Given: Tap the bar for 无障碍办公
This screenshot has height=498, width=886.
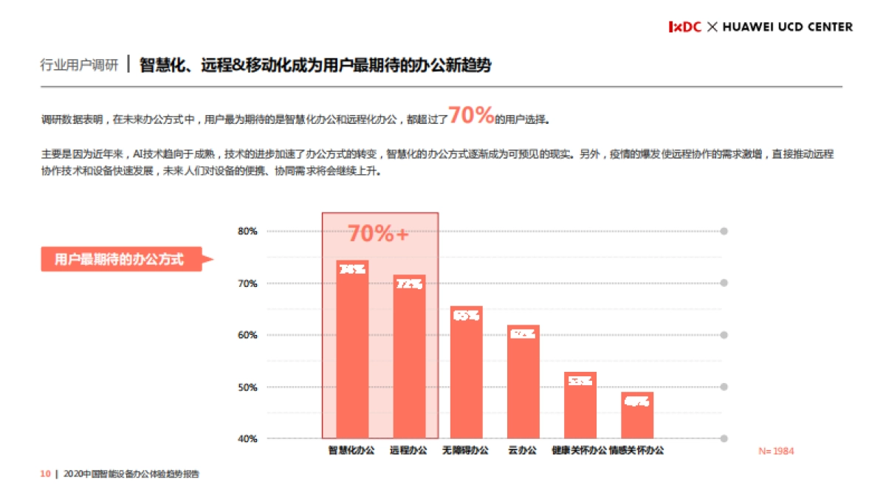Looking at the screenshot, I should pyautogui.click(x=466, y=372).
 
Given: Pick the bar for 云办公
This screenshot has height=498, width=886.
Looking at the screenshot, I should pyautogui.click(x=523, y=381).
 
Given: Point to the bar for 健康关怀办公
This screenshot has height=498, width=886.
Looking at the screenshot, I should pyautogui.click(x=580, y=405).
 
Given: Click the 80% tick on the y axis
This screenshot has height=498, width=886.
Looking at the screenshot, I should pyautogui.click(x=247, y=232).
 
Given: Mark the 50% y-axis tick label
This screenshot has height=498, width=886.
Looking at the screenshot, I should pyautogui.click(x=247, y=387).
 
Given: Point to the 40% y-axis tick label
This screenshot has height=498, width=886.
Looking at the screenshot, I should pyautogui.click(x=247, y=439).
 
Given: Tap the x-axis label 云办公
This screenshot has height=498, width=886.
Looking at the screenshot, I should pyautogui.click(x=523, y=450).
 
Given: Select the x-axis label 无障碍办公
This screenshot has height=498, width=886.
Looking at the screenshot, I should pyautogui.click(x=465, y=450).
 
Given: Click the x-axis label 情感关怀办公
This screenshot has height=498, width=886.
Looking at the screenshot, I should pyautogui.click(x=636, y=450).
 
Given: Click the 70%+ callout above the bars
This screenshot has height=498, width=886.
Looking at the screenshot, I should pyautogui.click(x=378, y=234).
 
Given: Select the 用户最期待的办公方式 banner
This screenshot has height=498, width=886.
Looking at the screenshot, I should pyautogui.click(x=121, y=259).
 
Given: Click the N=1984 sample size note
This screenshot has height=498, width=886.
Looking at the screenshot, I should pyautogui.click(x=776, y=451).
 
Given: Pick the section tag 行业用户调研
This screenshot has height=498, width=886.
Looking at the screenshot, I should pyautogui.click(x=79, y=65).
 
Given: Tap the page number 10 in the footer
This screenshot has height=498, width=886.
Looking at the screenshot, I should pyautogui.click(x=44, y=474).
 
